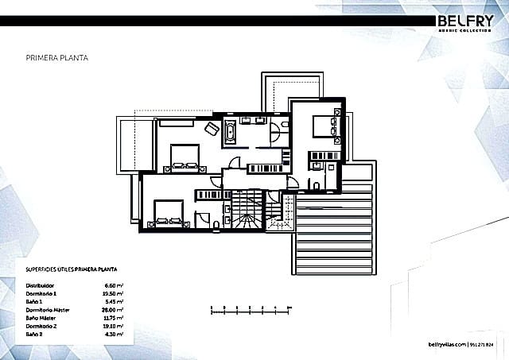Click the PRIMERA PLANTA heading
point(56,59)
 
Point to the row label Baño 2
point(34,333)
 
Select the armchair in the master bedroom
point(211,129)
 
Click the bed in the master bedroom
point(185,157)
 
